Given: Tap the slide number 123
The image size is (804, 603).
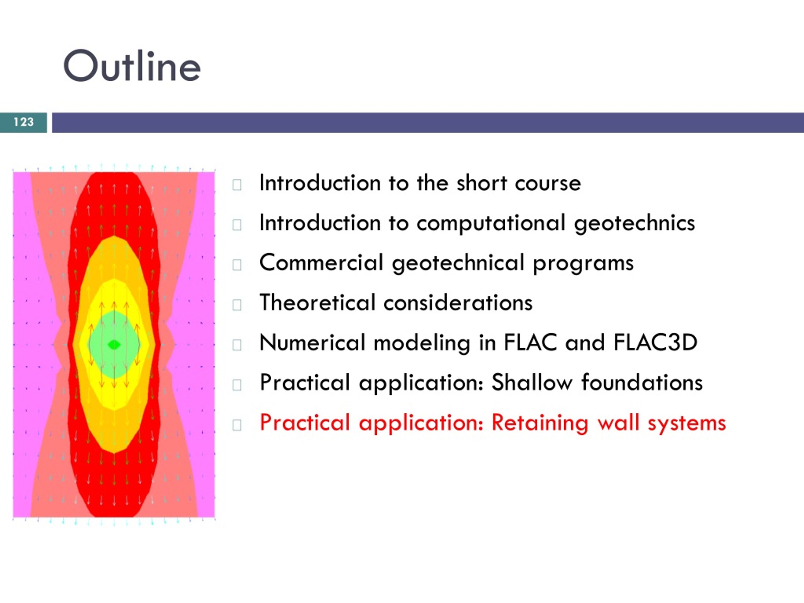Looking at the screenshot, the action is (24, 122).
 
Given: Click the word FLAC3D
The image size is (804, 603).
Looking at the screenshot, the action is (655, 342).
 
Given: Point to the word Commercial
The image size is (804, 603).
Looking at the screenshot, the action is (321, 263).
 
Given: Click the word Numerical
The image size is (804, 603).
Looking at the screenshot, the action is (312, 342).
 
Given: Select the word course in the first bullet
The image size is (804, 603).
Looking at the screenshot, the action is (548, 183).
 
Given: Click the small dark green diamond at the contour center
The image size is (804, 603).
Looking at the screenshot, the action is (114, 344).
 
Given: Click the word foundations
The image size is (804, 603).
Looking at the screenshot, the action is (642, 383).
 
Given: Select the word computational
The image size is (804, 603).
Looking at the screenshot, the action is (491, 223).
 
